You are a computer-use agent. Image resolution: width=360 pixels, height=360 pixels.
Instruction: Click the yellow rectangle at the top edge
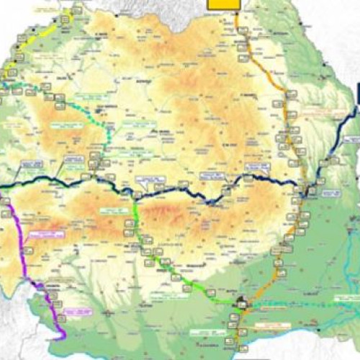pyautogui.click(x=223, y=4)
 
